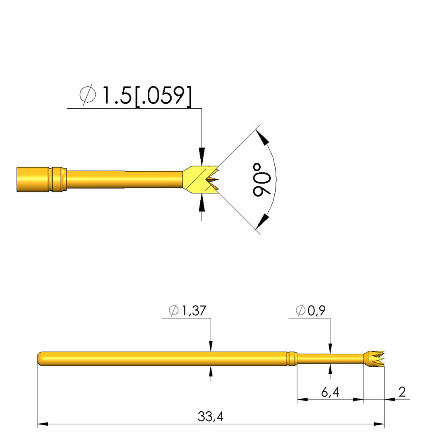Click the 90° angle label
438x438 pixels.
tap(262, 180)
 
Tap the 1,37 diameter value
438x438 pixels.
tap(194, 311)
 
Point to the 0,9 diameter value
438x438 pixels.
tap(317, 310)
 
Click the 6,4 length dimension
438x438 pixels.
tap(330, 392)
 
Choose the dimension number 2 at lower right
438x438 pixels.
tap(402, 392)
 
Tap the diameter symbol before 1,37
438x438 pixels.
tap(174, 310)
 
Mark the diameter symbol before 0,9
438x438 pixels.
tap(300, 310)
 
